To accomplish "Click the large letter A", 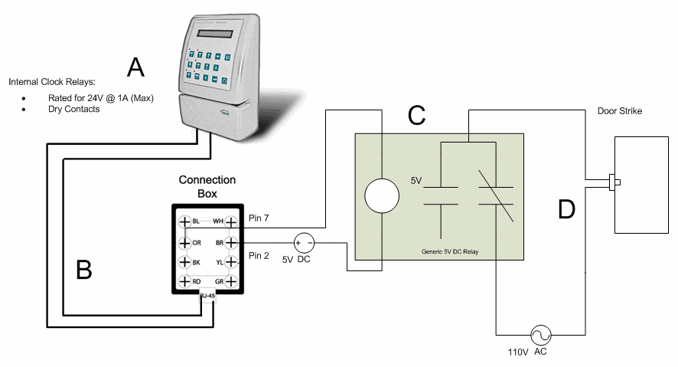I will tap(135, 67).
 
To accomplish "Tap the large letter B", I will tap(84, 269).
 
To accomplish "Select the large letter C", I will tap(416, 115).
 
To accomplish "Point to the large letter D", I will tap(566, 208).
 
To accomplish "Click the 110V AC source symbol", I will tap(541, 335).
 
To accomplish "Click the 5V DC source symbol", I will tap(305, 242).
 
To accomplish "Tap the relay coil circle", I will tap(380, 196).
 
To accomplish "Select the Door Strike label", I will tap(619, 111).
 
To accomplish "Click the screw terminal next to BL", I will tap(184, 222).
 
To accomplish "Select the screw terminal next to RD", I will tap(184, 282).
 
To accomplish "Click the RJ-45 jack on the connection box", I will tap(207, 296).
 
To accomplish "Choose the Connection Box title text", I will tap(207, 186).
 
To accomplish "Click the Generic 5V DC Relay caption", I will tap(450, 251).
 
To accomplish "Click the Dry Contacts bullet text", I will tap(73, 109).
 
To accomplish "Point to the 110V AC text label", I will tap(528, 352).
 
